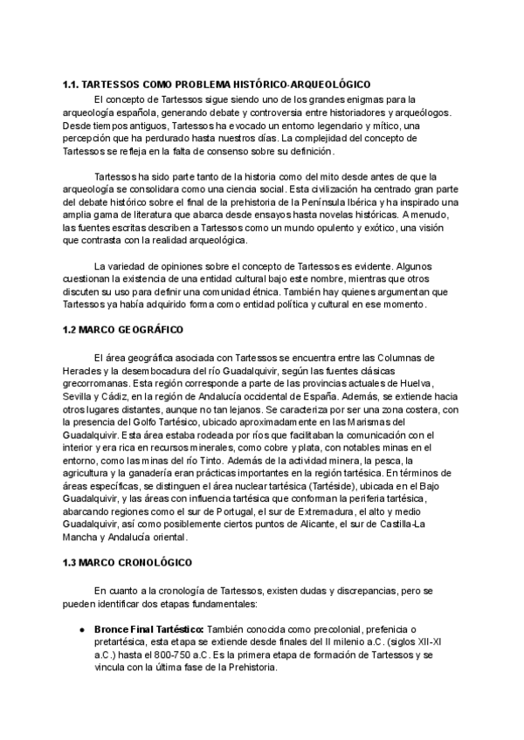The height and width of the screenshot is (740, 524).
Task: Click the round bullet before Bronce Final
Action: (x=81, y=627)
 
